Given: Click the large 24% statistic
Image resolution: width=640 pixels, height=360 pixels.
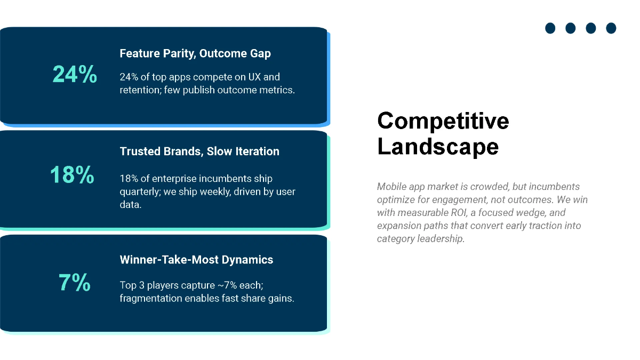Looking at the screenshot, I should click(x=75, y=74).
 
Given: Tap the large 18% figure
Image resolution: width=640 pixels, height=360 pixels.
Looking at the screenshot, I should click(x=72, y=175).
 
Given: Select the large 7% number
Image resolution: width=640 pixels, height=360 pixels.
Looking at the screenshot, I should click(x=74, y=283).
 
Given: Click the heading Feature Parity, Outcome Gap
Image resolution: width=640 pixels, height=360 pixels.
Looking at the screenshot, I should click(x=195, y=53).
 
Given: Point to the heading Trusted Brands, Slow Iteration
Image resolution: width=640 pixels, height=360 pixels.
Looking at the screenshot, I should click(x=199, y=151).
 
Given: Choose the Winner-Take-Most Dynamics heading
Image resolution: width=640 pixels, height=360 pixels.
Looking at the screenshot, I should click(x=196, y=260).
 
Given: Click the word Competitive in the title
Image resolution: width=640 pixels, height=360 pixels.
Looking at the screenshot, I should click(x=443, y=121).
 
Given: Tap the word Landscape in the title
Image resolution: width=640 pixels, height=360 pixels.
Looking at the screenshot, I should click(x=437, y=146).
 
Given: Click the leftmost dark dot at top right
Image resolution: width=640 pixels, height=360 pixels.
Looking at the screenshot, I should click(x=550, y=28).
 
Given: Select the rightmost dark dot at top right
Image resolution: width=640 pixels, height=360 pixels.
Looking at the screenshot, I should click(x=611, y=28).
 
